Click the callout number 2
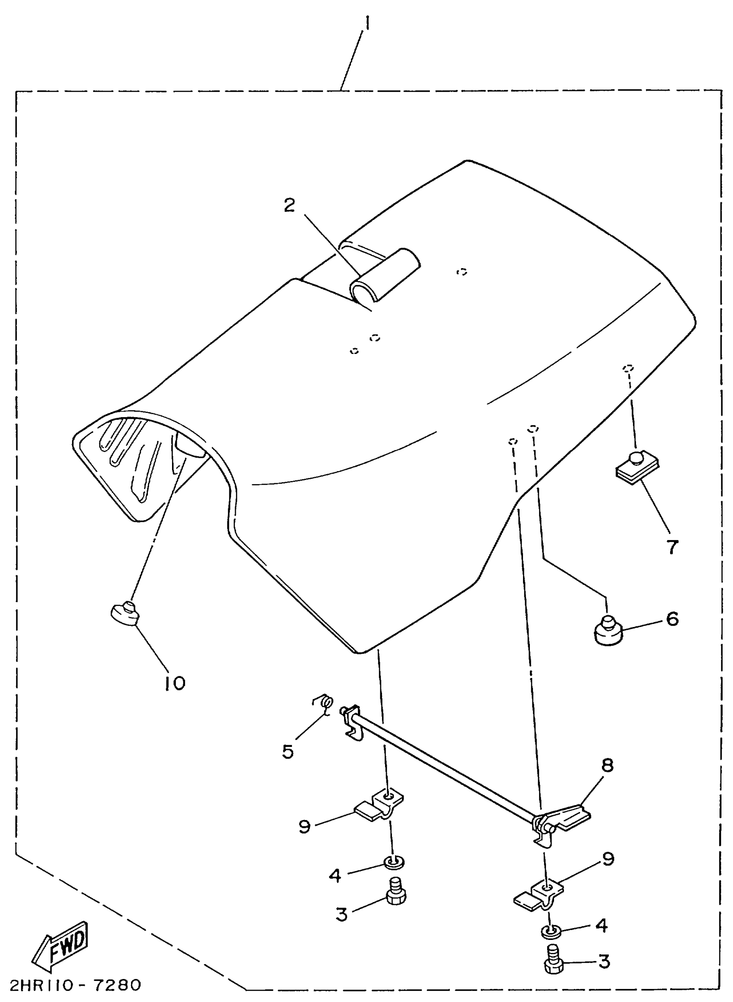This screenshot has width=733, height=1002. [289, 205]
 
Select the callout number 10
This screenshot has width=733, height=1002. [175, 683]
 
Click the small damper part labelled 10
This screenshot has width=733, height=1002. [125, 614]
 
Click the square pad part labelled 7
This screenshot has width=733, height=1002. [637, 465]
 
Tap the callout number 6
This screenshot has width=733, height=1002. [673, 619]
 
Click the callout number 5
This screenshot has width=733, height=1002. [288, 752]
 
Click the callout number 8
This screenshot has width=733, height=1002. [608, 777]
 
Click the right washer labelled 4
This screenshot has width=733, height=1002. [551, 930]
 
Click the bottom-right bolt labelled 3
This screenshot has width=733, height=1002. [553, 959]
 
